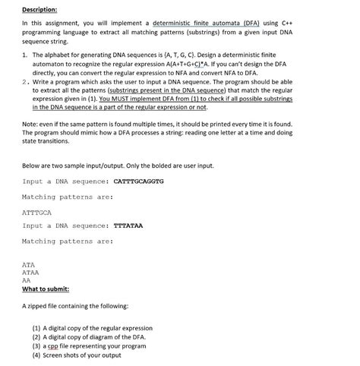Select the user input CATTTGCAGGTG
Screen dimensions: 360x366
click(138, 181)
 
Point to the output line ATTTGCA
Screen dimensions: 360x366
click(37, 212)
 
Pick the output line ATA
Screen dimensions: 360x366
click(28, 264)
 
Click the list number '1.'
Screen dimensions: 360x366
click(25, 56)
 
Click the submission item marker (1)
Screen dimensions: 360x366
click(36, 329)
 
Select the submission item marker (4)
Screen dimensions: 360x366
click(36, 355)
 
